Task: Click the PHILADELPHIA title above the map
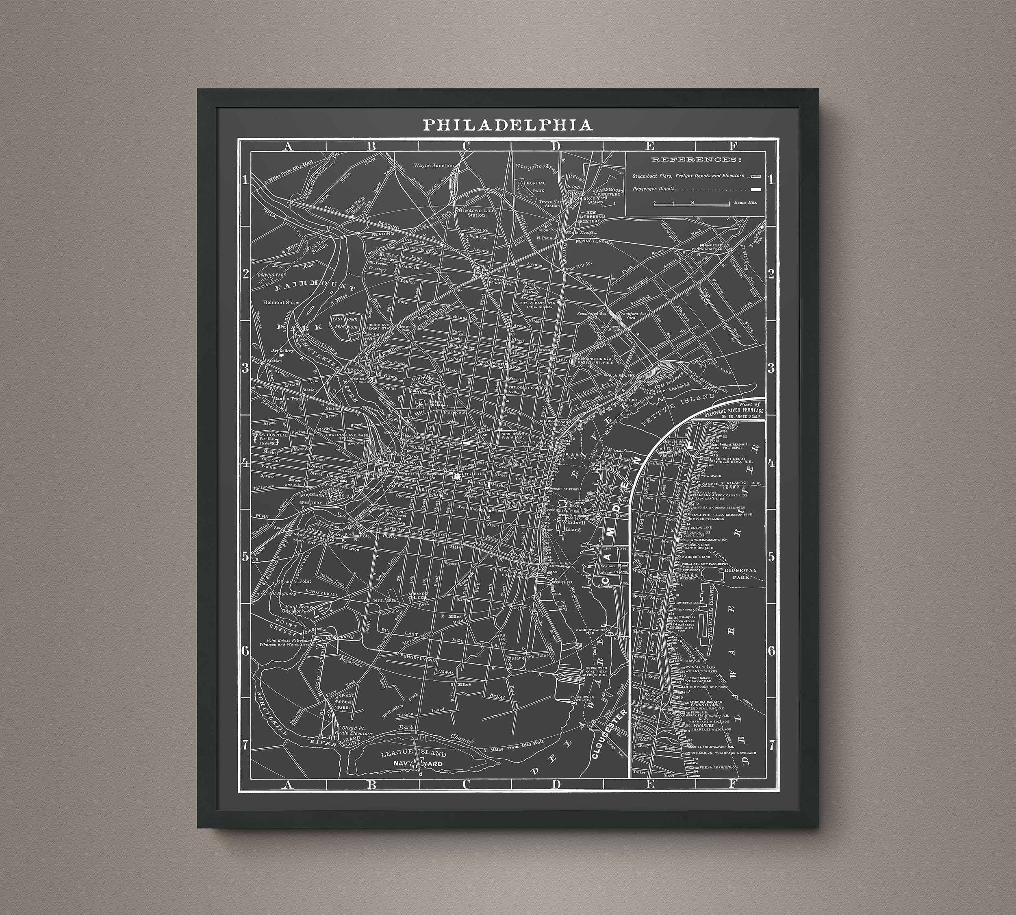coord(507,125)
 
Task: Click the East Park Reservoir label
coord(344,322)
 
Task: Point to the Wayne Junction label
coord(433,165)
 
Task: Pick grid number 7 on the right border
coord(771,745)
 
